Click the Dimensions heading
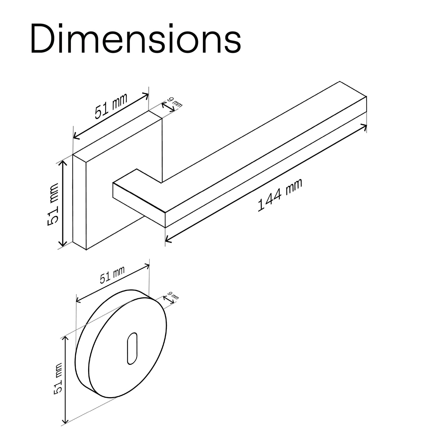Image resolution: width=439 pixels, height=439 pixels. click(x=136, y=38)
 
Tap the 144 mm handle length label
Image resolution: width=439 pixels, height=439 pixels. click(x=280, y=195)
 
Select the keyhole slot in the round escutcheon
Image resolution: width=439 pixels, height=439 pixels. click(x=132, y=348)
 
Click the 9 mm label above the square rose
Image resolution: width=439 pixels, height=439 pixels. click(x=175, y=102)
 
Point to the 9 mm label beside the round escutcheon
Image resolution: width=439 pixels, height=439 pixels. click(x=173, y=296)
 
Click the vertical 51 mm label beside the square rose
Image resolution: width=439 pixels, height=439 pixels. click(x=53, y=204)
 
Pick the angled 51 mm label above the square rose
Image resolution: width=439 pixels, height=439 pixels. click(x=111, y=106)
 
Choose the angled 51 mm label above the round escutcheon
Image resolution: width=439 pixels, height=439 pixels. click(x=112, y=275)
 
